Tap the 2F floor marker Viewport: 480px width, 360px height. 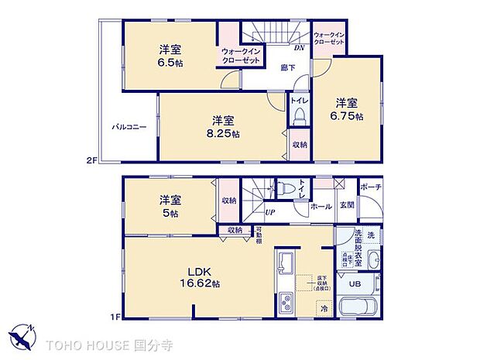[91, 160]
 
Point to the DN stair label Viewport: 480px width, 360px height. [298, 48]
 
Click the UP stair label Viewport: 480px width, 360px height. [270, 211]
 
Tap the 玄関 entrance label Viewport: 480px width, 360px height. [347, 205]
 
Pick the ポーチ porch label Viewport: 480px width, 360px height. [370, 188]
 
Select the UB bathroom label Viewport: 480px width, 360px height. [355, 283]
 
